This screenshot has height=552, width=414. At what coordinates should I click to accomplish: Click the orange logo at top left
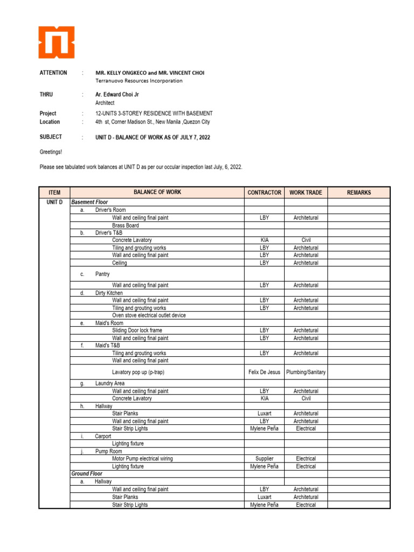pos(57,42)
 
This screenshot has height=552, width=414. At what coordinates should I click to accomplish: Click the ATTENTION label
pos(53,73)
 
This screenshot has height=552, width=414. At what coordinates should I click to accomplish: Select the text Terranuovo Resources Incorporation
pos(139,81)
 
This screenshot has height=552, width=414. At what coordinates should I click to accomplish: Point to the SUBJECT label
pos(51,137)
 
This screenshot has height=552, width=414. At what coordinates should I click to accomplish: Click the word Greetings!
pos(51,152)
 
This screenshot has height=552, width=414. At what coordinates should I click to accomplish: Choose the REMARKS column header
pos(358,192)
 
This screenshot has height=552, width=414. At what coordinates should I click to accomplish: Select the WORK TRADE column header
pos(306,192)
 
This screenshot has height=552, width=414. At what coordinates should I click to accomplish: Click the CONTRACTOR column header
pos(264,192)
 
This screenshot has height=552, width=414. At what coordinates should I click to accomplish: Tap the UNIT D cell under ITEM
pos(54,202)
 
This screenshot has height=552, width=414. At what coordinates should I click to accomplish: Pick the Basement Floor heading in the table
pos(89,202)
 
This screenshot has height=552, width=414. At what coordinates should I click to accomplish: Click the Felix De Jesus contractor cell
pos(264,372)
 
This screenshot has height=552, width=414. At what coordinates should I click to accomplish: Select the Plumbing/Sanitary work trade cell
pos(306,372)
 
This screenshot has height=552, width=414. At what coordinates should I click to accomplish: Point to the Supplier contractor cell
pos(264,459)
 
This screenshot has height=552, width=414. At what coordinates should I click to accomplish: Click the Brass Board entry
pos(125,225)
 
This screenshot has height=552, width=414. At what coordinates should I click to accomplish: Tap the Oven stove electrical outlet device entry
pos(149,315)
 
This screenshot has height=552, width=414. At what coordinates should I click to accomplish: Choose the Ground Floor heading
pos(87,474)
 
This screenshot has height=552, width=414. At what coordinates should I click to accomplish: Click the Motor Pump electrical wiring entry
pos(142,459)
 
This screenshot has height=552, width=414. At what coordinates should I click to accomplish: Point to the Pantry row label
pos(102,274)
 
